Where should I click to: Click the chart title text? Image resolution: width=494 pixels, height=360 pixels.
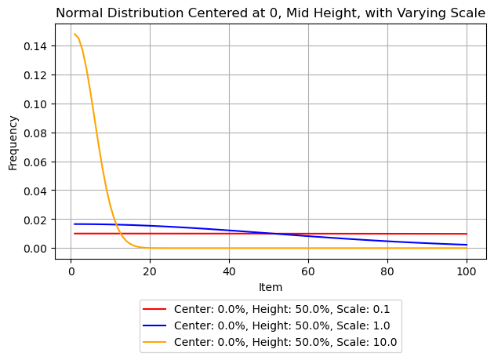coord(271,13)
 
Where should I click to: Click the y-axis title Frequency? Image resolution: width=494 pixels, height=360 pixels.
coord(13,143)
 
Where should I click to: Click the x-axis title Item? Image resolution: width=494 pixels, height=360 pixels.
coord(271,287)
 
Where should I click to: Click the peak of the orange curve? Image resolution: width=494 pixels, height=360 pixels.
coord(74,34)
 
